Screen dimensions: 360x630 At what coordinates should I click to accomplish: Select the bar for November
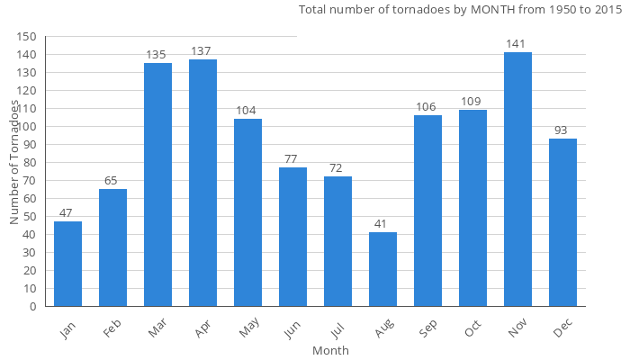[x=517, y=180]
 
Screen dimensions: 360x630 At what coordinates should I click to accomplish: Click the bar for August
[x=382, y=269]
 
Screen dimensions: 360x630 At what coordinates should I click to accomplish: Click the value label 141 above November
[x=517, y=43]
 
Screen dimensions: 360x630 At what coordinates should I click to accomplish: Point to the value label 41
[x=382, y=223]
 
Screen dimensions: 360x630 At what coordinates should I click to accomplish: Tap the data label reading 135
[x=157, y=54]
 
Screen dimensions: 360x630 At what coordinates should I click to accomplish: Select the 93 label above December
[x=562, y=130]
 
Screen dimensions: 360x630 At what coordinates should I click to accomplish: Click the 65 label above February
[x=112, y=180]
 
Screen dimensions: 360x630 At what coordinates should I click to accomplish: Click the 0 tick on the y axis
[x=33, y=306]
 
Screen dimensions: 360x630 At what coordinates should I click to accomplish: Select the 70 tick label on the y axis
[x=30, y=180]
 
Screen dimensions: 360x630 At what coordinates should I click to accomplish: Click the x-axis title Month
[x=330, y=350]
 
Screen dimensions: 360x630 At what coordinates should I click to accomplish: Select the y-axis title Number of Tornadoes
[x=14, y=162]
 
